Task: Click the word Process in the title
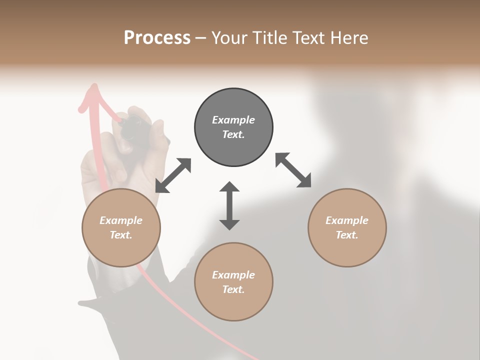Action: [157, 38]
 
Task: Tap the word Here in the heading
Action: [349, 38]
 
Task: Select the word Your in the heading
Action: [230, 38]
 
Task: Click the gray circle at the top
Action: [233, 127]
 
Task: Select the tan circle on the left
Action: [121, 227]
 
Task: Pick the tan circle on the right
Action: [347, 227]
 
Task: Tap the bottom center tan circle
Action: [233, 281]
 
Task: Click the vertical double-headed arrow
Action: [229, 205]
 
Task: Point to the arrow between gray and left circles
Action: [173, 175]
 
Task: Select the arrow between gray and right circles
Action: [293, 170]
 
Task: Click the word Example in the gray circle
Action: [233, 120]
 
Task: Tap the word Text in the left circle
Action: [121, 235]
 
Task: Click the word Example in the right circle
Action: [347, 220]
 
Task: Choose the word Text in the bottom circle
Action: [233, 289]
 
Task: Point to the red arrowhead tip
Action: [93, 86]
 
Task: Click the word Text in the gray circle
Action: [233, 134]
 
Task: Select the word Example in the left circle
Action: [121, 220]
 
